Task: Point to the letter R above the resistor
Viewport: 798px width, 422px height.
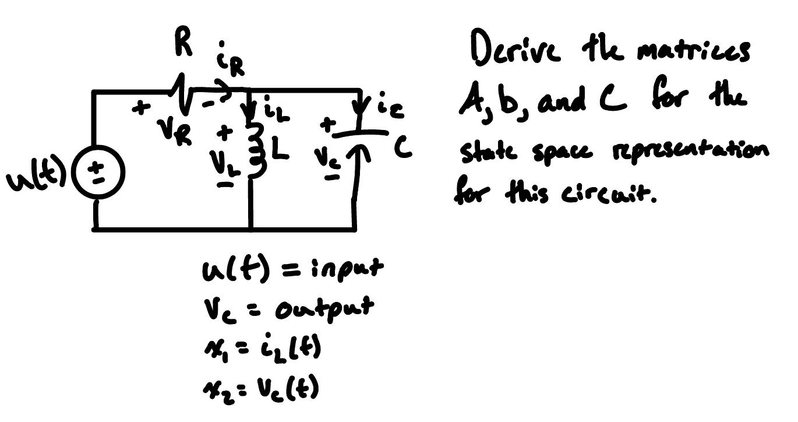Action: click(183, 45)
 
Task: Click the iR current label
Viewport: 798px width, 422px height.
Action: click(232, 60)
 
